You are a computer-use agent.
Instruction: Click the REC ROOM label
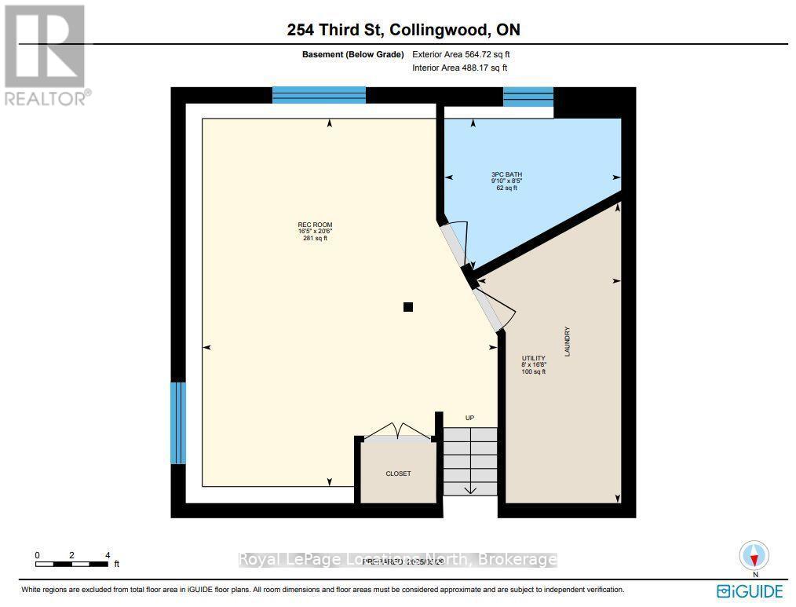coord(309,225)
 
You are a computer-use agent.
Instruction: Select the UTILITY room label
coord(534,358)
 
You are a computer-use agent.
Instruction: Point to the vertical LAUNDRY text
coord(566,342)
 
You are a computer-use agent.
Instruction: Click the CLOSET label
coord(398,474)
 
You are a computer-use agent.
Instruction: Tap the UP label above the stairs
coord(469,418)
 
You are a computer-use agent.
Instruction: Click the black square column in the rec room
coord(407,307)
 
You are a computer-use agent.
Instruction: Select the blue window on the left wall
coord(178,422)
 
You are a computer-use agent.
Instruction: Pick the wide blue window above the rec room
coord(319,95)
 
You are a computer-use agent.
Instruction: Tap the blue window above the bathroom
coord(528,97)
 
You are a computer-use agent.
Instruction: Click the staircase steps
coord(470,461)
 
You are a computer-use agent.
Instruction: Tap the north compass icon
coord(754,556)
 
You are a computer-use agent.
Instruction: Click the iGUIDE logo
coord(750,591)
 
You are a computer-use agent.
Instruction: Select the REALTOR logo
coord(45,55)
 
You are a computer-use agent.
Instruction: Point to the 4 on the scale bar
coord(108,555)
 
